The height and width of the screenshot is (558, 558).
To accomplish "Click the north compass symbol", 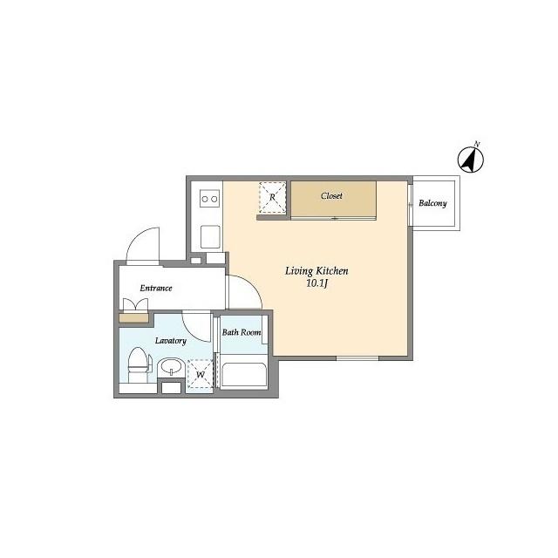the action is pos(471,159).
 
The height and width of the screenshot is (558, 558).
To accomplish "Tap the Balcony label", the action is pos(432,203).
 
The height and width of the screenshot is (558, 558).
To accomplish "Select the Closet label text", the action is pos(331,195).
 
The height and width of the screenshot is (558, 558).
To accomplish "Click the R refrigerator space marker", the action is pos(272,197).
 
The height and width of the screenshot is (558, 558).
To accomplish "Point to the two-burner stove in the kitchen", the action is pos(209,199).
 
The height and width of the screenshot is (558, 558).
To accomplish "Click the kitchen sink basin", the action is pos(210,236).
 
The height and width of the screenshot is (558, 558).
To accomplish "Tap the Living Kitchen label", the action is pos(316,271).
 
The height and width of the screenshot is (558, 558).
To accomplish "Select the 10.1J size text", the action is pos(316,283).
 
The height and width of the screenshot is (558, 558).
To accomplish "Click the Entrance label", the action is pos(156,288).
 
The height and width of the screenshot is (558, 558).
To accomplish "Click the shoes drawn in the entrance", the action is pos(135,305).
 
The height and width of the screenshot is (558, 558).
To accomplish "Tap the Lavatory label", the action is pos(171,341).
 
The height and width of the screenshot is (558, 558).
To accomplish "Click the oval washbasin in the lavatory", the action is pos(171,366).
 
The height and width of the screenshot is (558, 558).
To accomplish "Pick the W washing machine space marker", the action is pos(201,374).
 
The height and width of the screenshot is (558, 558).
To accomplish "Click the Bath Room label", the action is pos(242,332).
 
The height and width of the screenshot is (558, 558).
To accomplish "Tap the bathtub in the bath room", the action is pos(244,375).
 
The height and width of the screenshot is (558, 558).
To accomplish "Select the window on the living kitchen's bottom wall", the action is pos(357,357).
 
